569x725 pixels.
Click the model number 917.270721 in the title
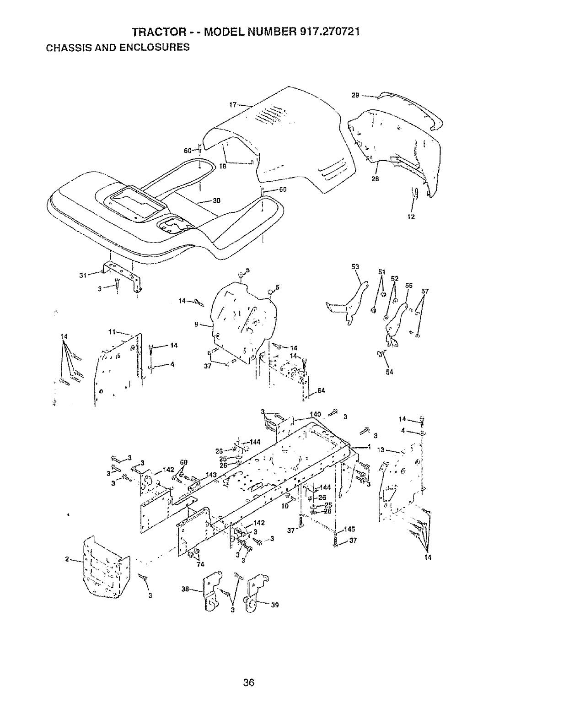pos(330,32)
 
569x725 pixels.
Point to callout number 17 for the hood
pos(232,105)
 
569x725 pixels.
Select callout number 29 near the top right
pos(355,96)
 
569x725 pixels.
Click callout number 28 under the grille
pos(375,179)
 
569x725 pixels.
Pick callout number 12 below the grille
pos(411,216)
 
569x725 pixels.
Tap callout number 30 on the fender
pos(217,200)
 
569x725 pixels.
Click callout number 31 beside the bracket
pos(83,275)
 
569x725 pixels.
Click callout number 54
pos(389,372)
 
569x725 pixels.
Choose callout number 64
pos(321,390)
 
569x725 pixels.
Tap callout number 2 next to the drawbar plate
pos(67,559)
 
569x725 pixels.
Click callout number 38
pos(185,590)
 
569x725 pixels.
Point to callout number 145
pos(350,529)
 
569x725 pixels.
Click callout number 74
pos(200,564)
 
